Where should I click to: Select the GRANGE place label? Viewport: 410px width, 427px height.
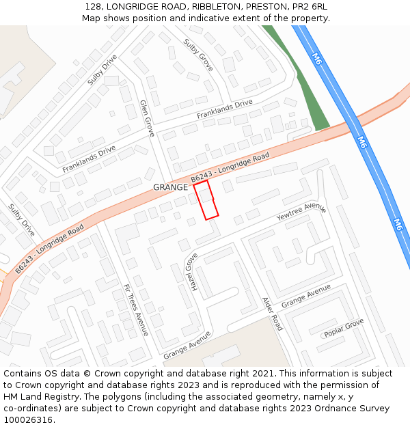click(x=170, y=187)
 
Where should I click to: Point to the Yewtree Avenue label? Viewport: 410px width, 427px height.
click(x=301, y=212)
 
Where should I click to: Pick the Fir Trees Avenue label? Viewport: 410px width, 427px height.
click(x=135, y=309)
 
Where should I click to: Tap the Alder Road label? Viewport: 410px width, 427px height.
click(x=272, y=314)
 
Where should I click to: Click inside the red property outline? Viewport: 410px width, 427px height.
click(x=206, y=199)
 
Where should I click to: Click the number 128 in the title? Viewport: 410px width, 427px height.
click(x=94, y=6)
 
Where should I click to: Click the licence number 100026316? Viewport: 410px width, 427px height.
click(x=29, y=420)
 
